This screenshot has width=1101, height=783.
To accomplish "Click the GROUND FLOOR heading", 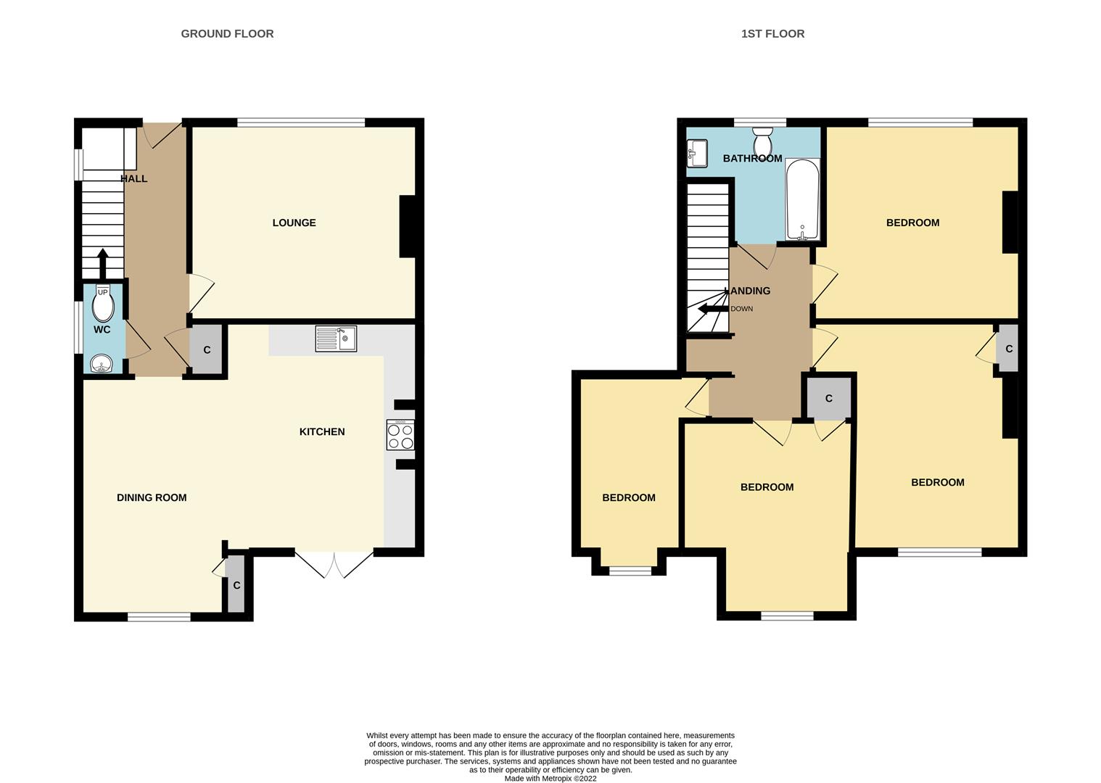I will click(x=227, y=33).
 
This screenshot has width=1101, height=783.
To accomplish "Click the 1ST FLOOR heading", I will click(x=772, y=33).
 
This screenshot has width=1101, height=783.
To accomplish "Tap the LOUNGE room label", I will click(x=294, y=223).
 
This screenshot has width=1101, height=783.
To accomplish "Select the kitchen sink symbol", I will click(x=336, y=339).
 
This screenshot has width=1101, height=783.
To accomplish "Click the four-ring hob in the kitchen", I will click(x=400, y=435).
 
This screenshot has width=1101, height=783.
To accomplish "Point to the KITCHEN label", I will click(x=322, y=431).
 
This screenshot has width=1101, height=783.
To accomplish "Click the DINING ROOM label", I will click(x=152, y=497).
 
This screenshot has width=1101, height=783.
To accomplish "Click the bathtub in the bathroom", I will click(x=802, y=199).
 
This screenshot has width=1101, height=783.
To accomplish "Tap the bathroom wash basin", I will click(x=697, y=153).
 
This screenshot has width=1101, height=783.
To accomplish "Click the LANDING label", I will click(x=747, y=291).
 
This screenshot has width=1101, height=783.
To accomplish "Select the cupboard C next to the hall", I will click(x=207, y=350).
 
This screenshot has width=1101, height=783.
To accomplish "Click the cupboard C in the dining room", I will click(x=236, y=585).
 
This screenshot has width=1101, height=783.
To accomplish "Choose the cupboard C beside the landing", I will click(x=828, y=398).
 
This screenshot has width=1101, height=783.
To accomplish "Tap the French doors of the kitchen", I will click(x=334, y=564).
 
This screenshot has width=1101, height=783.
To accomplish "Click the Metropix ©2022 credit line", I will click(x=550, y=779).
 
